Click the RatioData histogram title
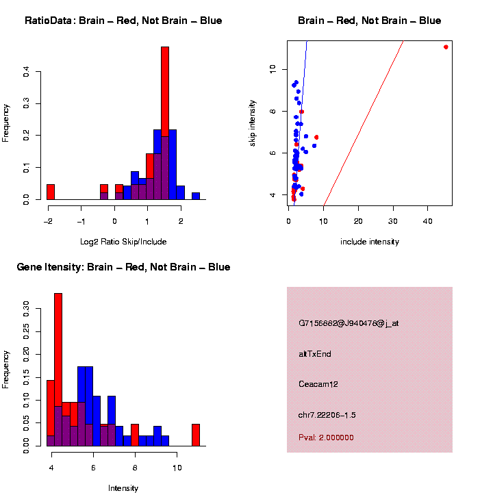pos(123,21)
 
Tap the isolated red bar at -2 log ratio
pos(51,192)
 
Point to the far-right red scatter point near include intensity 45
pos(446,47)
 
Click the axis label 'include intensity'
pos(370,242)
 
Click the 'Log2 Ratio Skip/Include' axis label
pos(124,242)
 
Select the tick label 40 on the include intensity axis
pos(427,221)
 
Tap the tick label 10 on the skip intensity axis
pos(273,69)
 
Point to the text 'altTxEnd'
pos(315,354)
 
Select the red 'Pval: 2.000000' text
pos(327,437)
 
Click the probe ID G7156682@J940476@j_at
pos(349,323)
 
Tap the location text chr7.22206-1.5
pos(327,415)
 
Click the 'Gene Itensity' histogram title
pos(123,267)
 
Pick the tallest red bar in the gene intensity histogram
pos(58,370)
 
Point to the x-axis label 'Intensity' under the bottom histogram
pos(123,488)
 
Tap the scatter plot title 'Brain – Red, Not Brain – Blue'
pos(370,21)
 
